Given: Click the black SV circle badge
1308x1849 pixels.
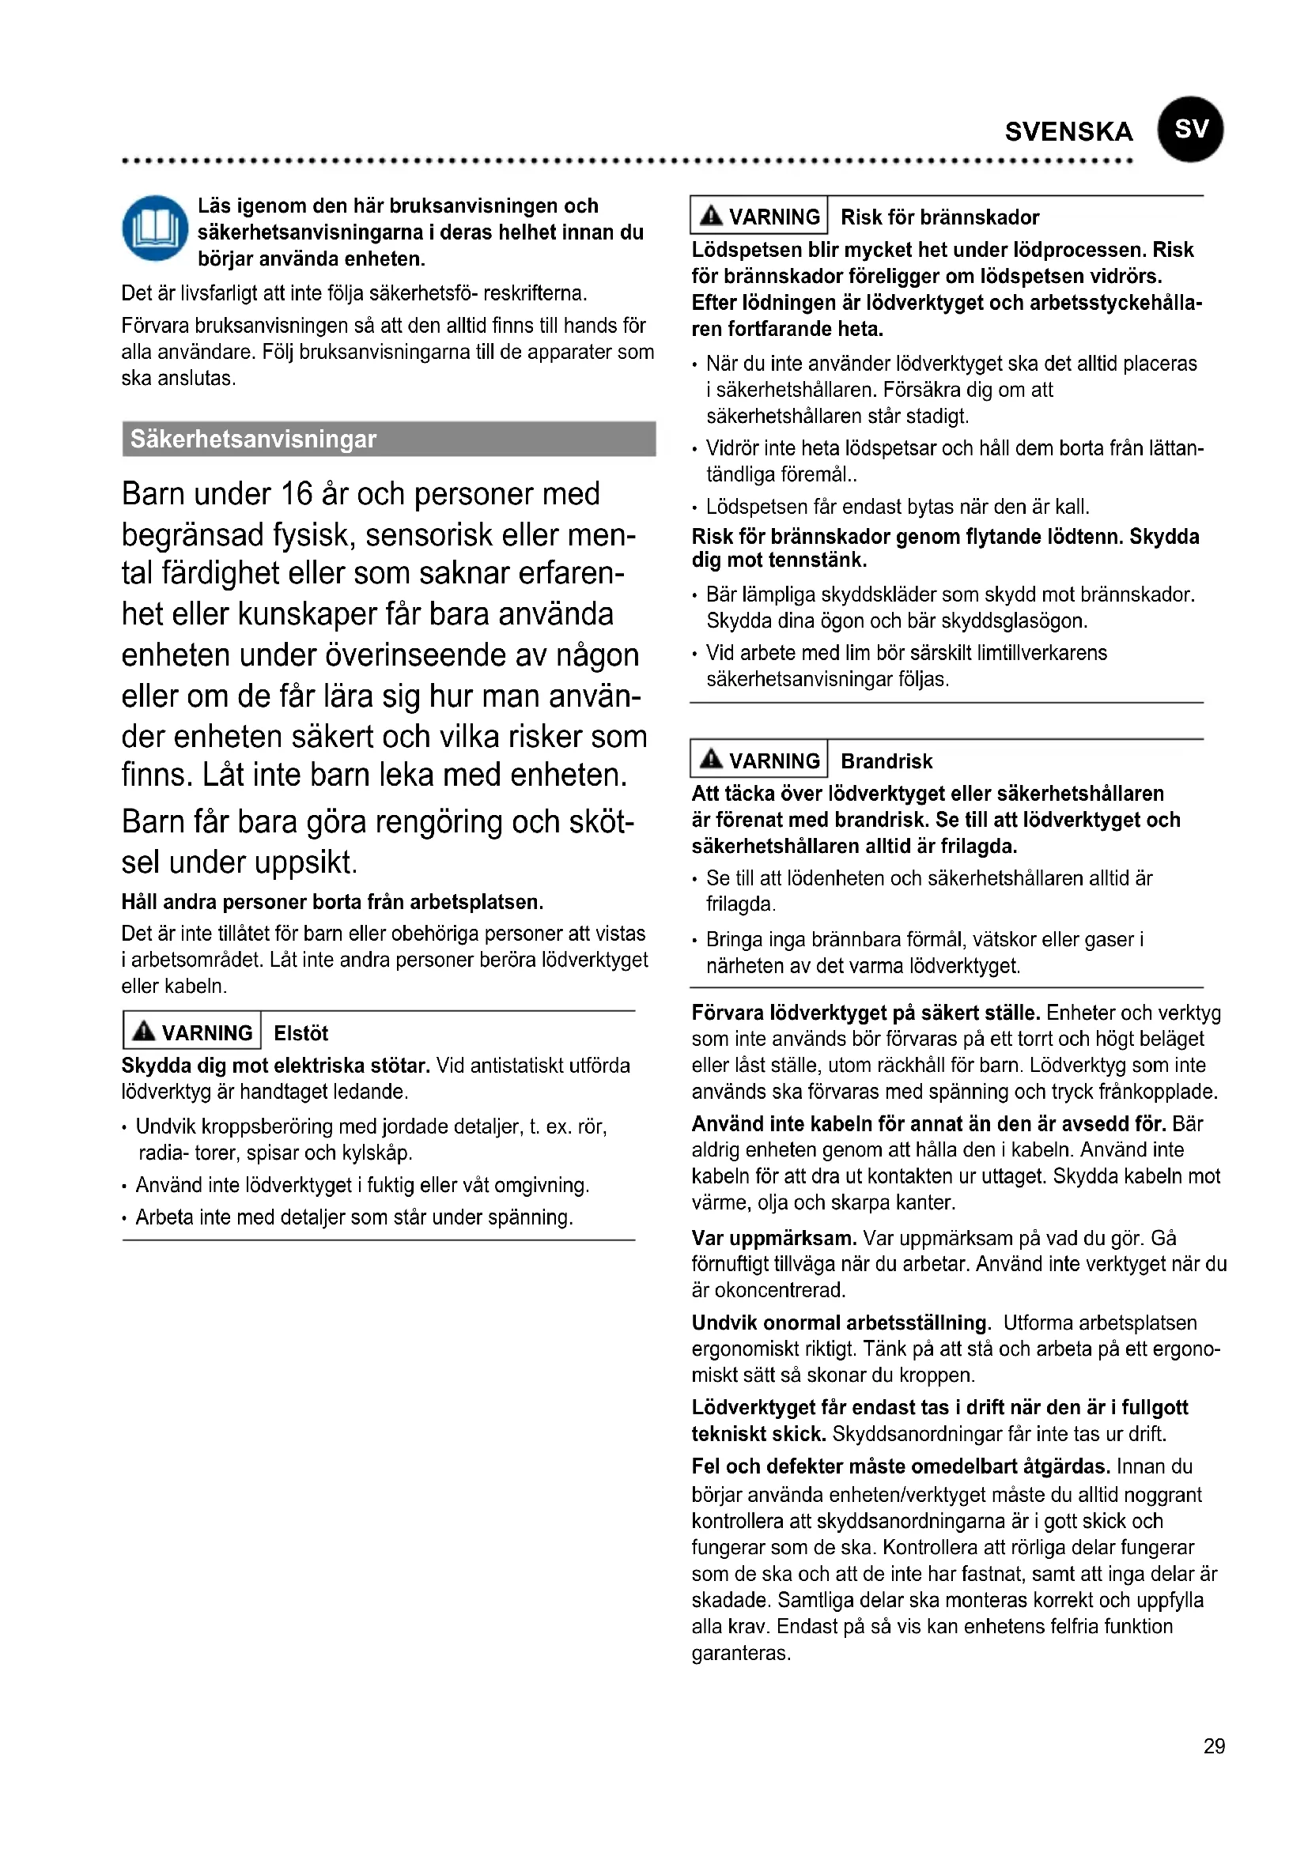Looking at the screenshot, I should pos(1189,130).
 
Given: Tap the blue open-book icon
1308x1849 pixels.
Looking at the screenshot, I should pos(155,228).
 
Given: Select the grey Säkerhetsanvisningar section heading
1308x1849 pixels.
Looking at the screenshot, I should pos(388,439).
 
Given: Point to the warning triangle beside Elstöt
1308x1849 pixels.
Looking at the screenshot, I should pos(144,1031).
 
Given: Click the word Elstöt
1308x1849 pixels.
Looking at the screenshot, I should pos(301,1033).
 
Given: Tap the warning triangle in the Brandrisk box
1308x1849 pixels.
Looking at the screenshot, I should pos(711,759).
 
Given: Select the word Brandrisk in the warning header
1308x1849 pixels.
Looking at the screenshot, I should pos(886,761).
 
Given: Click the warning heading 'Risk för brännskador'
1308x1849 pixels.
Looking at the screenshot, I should pos(939,217).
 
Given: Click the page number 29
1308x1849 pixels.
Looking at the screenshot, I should pos(1214,1746).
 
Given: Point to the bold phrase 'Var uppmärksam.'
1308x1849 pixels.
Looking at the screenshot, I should pos(773,1238).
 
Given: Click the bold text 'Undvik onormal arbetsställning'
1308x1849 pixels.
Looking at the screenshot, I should pos(839,1323).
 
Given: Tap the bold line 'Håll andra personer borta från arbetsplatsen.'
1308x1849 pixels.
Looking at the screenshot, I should pos(332,902).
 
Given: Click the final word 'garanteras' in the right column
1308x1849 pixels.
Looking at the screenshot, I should pos(740,1653).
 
